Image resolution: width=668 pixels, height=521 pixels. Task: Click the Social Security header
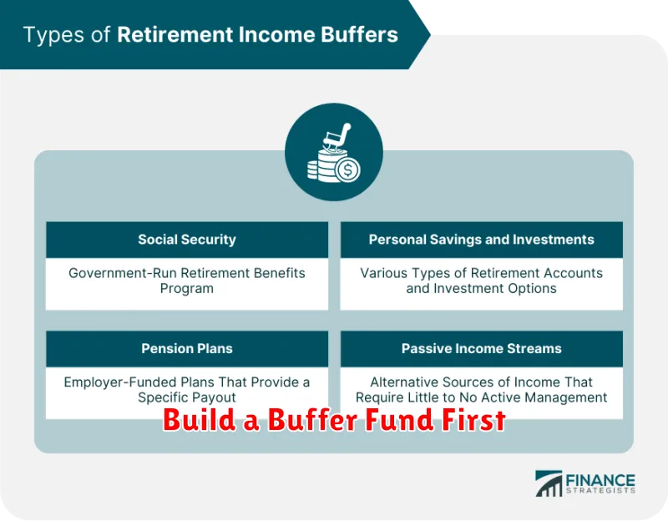click(x=186, y=240)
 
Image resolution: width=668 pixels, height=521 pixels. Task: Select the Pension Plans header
click(x=186, y=348)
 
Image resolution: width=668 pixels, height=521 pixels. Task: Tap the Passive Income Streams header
click(x=482, y=348)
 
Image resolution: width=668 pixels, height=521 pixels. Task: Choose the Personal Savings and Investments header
click(x=482, y=240)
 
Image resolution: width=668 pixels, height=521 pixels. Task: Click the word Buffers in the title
click(x=359, y=34)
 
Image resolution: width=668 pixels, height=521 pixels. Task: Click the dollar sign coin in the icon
click(x=347, y=170)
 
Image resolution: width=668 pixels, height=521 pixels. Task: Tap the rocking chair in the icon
click(x=337, y=137)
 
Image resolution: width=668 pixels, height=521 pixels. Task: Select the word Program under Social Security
click(x=186, y=289)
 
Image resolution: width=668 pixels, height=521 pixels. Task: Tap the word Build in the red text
click(x=200, y=420)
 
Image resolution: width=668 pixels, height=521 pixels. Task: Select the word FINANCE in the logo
click(x=600, y=481)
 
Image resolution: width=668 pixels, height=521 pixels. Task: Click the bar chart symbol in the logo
click(x=549, y=483)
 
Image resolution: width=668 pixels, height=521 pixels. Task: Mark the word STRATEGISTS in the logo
click(x=600, y=491)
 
